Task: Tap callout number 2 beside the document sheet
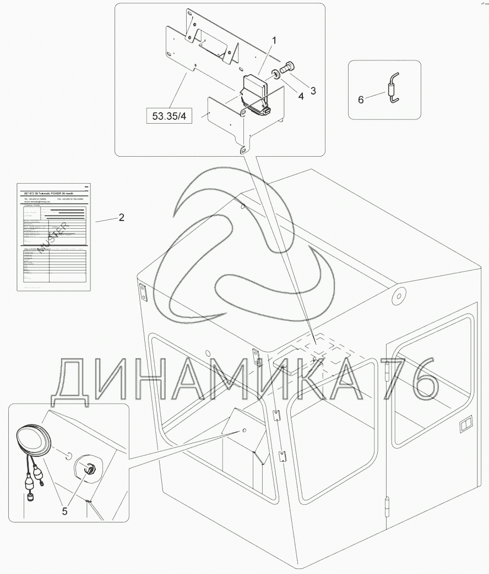121,218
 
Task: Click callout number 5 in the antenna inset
64,511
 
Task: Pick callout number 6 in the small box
361,100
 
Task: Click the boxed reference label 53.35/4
167,116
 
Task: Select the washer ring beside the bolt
273,73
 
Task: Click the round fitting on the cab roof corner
397,296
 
